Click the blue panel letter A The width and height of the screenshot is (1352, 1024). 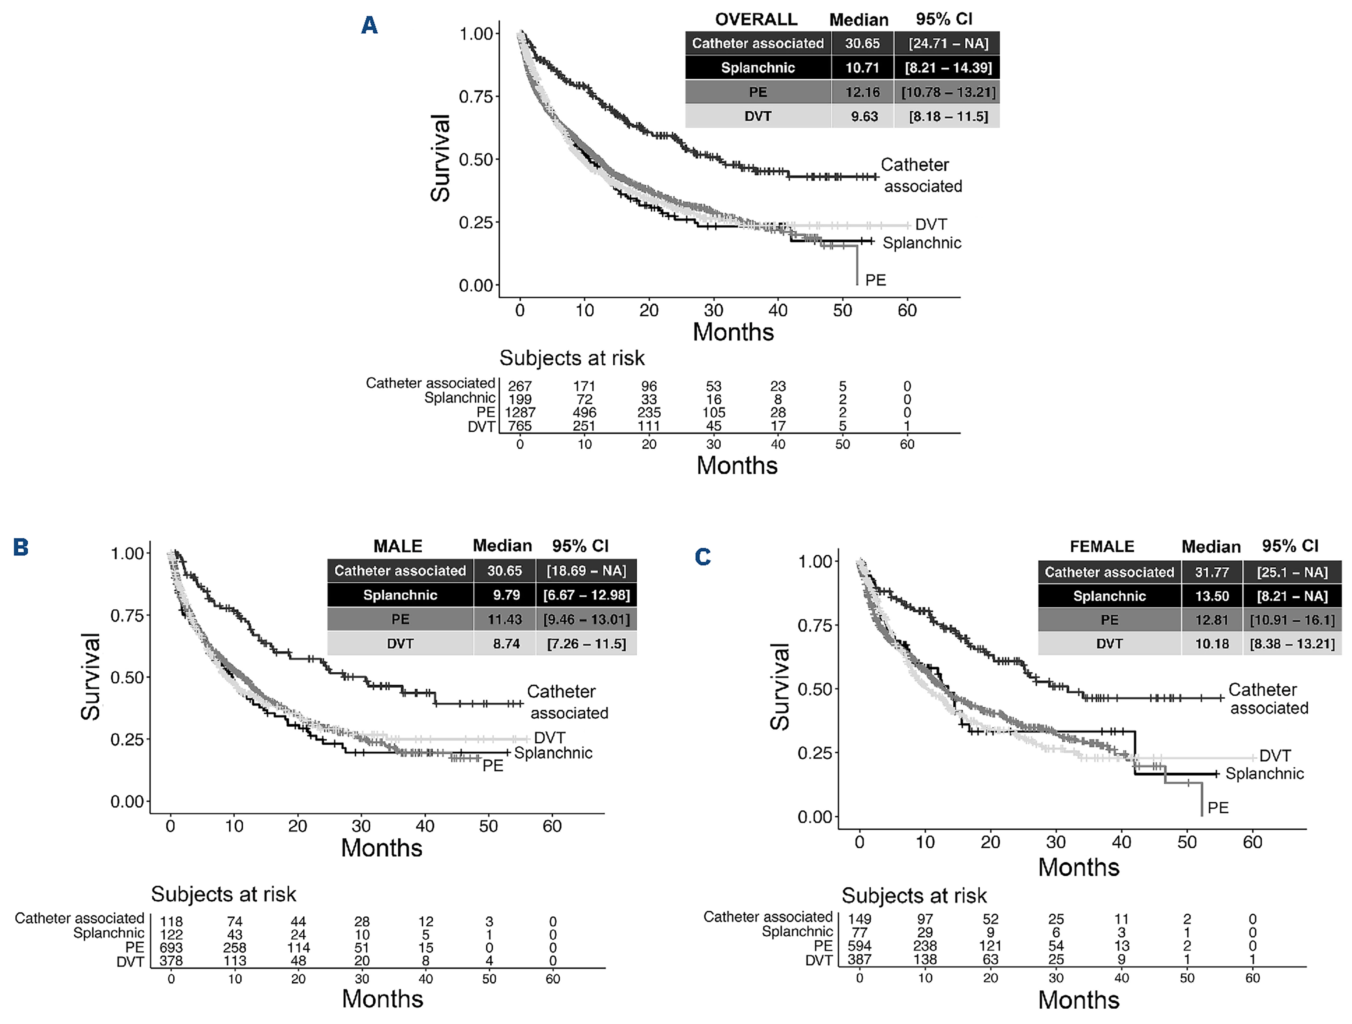coord(369,26)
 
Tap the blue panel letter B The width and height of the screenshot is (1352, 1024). coord(21,547)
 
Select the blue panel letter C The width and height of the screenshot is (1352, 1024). coord(703,556)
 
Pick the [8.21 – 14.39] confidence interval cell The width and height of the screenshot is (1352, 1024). coord(947,68)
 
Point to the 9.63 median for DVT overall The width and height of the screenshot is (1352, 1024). coord(864,116)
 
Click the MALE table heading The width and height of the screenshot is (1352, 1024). coord(397,545)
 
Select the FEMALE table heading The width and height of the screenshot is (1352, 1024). coord(1102,546)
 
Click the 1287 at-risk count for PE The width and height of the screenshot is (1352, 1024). coord(520,413)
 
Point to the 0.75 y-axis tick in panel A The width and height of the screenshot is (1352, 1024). coord(475,97)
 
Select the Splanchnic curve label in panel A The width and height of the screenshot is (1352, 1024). coord(922,243)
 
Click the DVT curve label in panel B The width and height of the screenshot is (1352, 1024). coord(549,737)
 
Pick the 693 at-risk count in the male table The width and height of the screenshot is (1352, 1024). coord(171,948)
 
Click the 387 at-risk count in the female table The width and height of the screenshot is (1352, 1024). coord(859,959)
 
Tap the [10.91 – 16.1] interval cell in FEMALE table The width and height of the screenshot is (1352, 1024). coord(1292,620)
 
